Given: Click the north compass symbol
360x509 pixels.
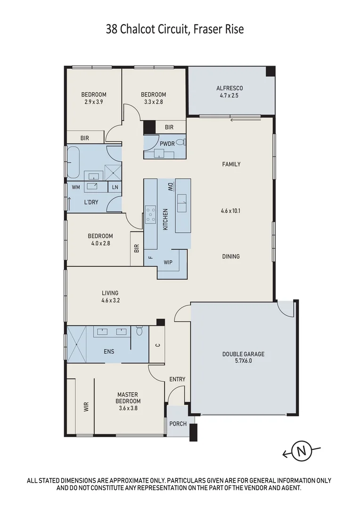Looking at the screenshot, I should pyautogui.click(x=301, y=452).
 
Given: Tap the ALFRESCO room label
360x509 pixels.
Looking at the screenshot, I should pyautogui.click(x=229, y=88).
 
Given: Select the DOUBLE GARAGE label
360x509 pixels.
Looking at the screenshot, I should pyautogui.click(x=244, y=354).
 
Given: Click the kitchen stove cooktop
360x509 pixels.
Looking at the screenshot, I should pyautogui.click(x=151, y=214).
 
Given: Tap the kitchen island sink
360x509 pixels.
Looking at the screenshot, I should pyautogui.click(x=182, y=205).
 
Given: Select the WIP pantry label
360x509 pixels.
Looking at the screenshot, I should pyautogui.click(x=168, y=262).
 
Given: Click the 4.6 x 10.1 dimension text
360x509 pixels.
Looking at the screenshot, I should pyautogui.click(x=231, y=211).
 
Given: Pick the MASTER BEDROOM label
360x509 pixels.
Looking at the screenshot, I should pyautogui.click(x=128, y=398).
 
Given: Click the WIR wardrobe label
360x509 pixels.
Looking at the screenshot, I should pyautogui.click(x=87, y=407).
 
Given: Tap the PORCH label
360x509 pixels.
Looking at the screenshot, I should pyautogui.click(x=178, y=424).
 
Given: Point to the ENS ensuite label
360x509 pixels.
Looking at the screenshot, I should pyautogui.click(x=108, y=352).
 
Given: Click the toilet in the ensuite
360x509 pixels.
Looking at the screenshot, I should pyautogui.click(x=139, y=331).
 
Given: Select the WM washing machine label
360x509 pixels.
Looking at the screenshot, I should pyautogui.click(x=75, y=187).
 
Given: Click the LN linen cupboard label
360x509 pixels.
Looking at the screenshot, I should pyautogui.click(x=115, y=187).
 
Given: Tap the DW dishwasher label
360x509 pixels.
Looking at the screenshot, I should pyautogui.click(x=170, y=187).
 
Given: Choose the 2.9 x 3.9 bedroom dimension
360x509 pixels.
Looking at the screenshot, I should pyautogui.click(x=93, y=102).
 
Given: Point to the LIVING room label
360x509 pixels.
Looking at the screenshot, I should pyautogui.click(x=110, y=293).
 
